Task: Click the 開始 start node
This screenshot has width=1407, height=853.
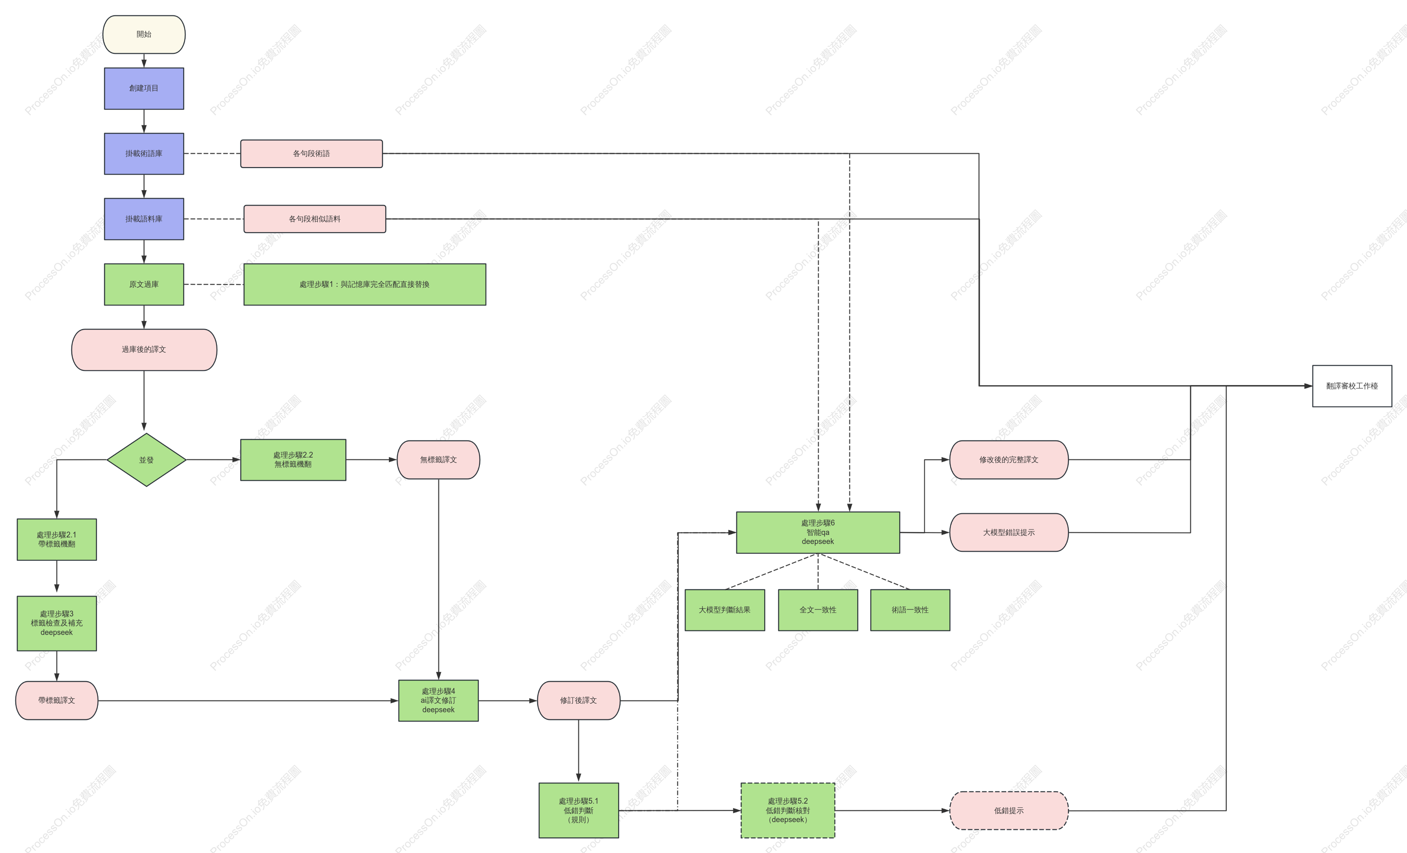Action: (144, 34)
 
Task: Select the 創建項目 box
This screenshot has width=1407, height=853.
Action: (144, 88)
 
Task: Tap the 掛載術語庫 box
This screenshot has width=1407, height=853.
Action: (144, 153)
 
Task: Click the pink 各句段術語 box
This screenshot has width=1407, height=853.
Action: (311, 153)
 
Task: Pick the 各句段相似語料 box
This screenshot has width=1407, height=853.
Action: (315, 218)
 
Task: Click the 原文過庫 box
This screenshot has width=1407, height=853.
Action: (144, 284)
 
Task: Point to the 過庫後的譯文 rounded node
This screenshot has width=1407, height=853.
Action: (144, 349)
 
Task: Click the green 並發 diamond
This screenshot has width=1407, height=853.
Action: (146, 460)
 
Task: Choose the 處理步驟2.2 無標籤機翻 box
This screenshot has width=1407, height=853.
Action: (293, 460)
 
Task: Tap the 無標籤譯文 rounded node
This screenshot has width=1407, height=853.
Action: (439, 460)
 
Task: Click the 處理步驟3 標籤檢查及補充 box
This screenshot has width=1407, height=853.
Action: (56, 623)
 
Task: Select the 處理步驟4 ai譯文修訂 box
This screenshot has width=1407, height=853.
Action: (439, 701)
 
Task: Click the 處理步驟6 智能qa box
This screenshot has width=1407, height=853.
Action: (818, 533)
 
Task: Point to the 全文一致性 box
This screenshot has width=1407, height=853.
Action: (818, 610)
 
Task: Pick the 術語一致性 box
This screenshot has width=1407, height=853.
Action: (910, 610)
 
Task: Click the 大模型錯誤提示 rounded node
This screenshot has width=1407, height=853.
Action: (1009, 533)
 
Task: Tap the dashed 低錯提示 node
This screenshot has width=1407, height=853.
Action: (1009, 811)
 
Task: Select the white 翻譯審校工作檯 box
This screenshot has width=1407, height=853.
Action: (1352, 386)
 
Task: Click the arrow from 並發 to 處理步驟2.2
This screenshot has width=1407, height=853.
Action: (213, 460)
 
